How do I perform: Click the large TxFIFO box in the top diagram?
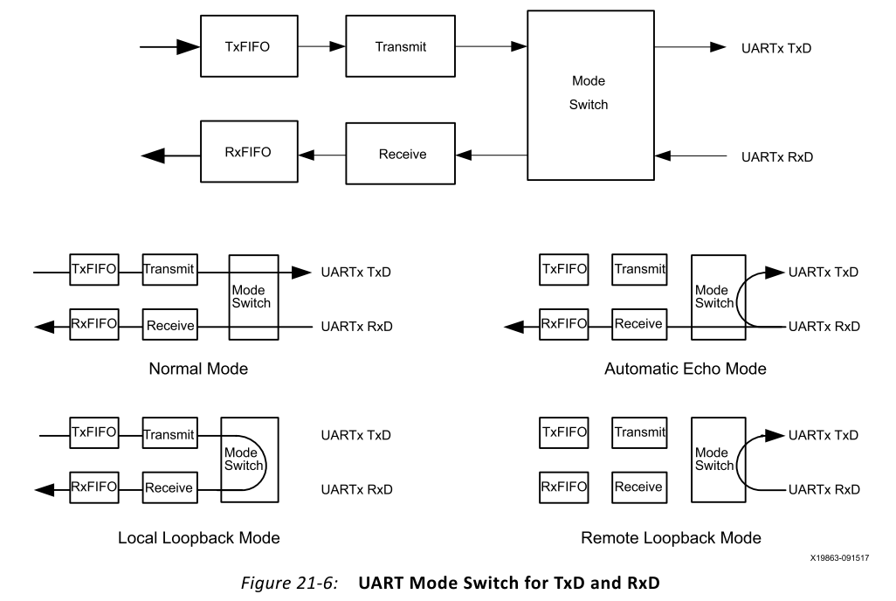247,47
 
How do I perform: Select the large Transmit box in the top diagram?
401,47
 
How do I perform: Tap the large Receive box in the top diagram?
402,155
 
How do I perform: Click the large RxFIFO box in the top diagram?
247,152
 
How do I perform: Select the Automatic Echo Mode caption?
685,369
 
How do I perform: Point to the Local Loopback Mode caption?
199,537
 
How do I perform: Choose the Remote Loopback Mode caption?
671,537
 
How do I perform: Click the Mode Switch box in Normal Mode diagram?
253,297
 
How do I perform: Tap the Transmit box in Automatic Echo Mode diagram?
639,270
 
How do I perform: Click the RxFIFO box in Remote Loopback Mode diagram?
564,487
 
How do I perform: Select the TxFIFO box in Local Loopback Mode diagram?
93,432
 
